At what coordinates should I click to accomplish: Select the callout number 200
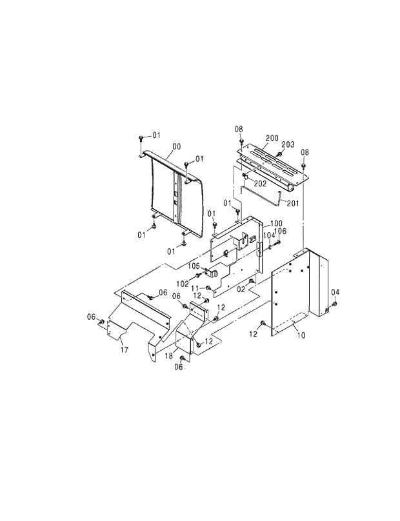[x=272, y=139]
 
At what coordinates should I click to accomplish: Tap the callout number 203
[x=288, y=144]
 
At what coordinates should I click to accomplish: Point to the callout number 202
[x=260, y=184]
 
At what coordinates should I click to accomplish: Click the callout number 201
[x=293, y=204]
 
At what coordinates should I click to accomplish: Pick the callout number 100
[x=267, y=222]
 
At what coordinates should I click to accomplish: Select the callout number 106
[x=281, y=231]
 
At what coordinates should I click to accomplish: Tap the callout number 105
[x=195, y=266]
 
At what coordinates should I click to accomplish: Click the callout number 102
[x=183, y=284]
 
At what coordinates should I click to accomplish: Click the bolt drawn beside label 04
[x=335, y=304]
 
